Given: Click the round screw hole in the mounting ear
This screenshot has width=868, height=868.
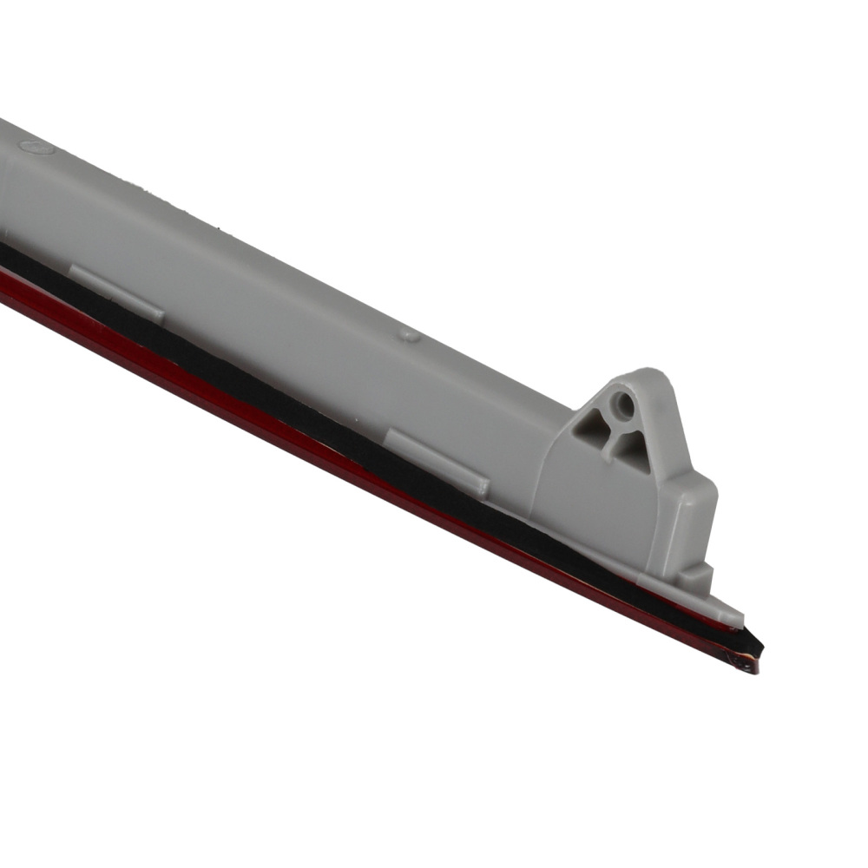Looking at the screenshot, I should pyautogui.click(x=621, y=403).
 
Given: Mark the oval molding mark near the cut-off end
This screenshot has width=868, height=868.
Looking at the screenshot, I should pyautogui.click(x=38, y=148).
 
